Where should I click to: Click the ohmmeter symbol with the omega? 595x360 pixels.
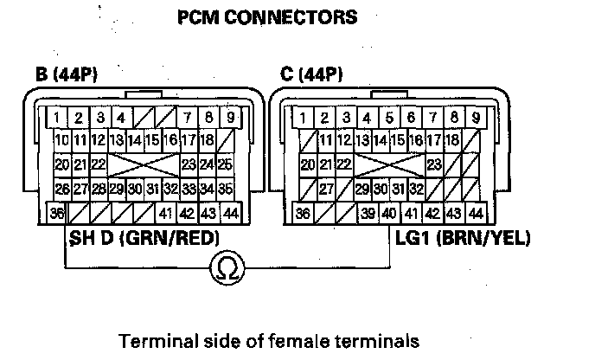click(229, 270)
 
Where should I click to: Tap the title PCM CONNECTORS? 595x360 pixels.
click(267, 17)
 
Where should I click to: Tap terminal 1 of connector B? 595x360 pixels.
click(56, 117)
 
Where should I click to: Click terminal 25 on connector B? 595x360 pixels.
click(225, 164)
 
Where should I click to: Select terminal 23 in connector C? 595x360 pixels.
click(434, 164)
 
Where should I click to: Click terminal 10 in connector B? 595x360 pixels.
click(61, 140)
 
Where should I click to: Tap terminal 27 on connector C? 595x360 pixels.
click(326, 188)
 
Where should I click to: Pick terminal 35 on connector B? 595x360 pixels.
click(225, 188)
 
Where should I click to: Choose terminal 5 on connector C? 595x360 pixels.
click(389, 117)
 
